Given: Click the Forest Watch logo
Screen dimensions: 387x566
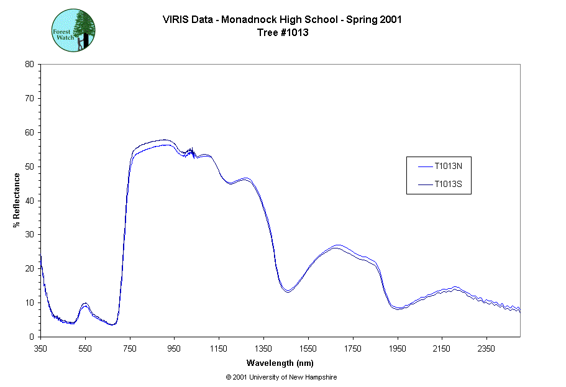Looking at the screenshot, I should pos(73,30).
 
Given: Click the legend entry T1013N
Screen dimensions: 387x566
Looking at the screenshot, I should pos(447,166).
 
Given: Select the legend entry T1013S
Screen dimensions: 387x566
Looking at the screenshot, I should pos(447,184).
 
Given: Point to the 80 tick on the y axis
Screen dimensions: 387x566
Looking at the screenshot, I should pos(29,64).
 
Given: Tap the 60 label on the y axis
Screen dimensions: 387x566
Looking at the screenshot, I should pos(29,132).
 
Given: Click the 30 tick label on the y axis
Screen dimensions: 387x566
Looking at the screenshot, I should pos(29,235).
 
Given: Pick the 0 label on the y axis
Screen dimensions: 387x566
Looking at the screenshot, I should pos(32,337).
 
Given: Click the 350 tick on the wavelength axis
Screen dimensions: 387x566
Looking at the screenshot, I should pos(40,348).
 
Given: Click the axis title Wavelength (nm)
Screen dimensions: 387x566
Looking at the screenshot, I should pos(280,363).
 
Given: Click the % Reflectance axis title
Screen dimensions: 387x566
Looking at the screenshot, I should pos(16,200).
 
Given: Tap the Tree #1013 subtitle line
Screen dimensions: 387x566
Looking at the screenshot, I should pos(283,32).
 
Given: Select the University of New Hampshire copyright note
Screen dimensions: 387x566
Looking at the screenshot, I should pos(281,377).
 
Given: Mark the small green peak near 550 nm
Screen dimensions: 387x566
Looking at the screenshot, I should pos(85,304).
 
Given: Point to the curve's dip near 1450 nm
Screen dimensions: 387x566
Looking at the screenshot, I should pos(288,291).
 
